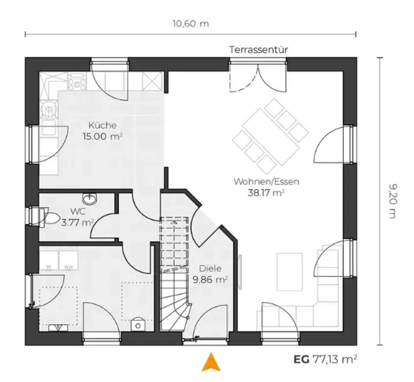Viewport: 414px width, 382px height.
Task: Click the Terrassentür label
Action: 258,50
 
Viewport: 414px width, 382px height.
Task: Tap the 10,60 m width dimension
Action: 191,23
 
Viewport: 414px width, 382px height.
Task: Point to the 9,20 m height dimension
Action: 392,201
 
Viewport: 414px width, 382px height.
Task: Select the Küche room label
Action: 103,125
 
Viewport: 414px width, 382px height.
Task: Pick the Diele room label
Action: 209,268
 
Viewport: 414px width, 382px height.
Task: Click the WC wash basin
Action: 89,198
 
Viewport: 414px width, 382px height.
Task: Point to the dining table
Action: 270,136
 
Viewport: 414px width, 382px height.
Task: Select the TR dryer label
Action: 49,267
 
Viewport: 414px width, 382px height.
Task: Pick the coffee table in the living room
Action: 289,272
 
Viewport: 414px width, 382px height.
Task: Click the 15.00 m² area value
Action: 103,136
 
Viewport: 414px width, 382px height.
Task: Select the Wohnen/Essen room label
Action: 266,182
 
